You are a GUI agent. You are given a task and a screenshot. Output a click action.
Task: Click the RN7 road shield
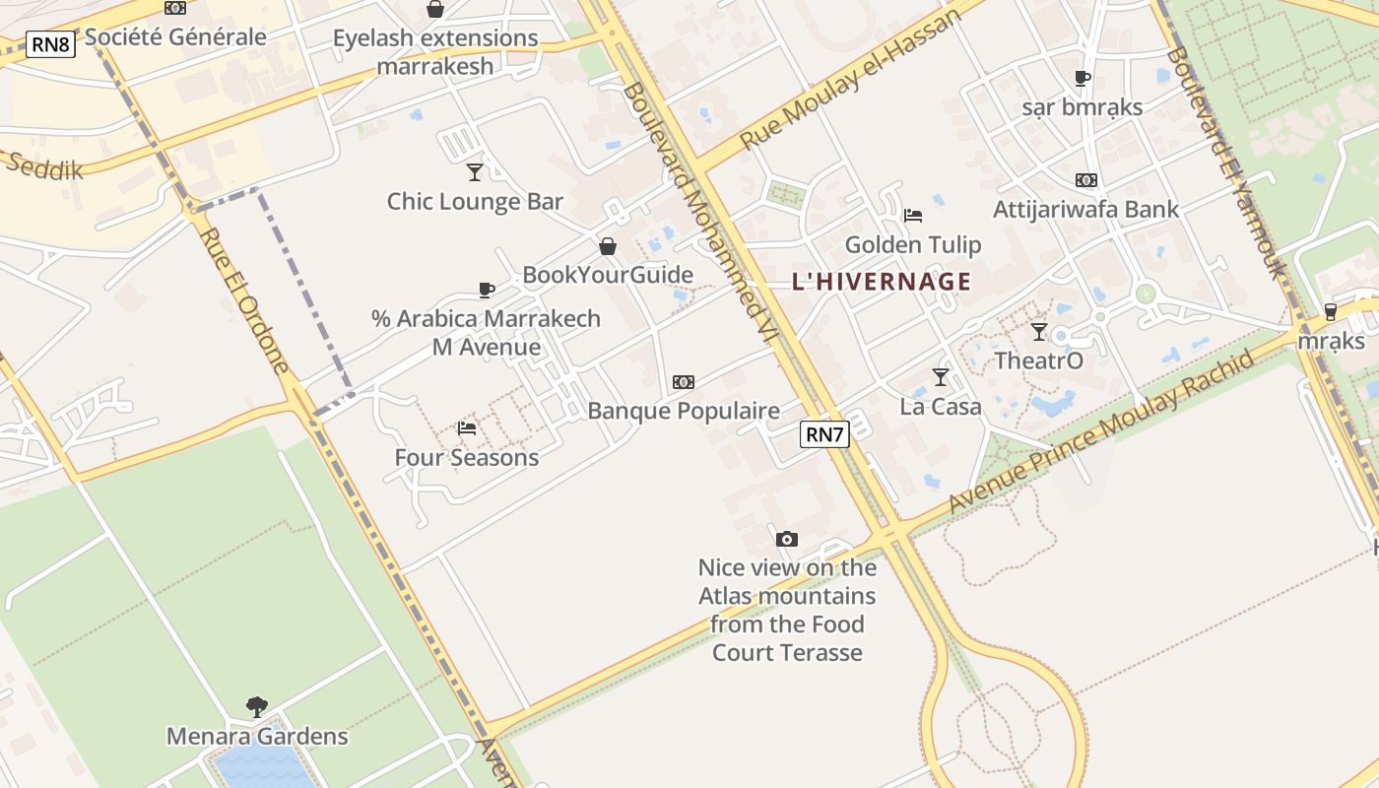(x=824, y=434)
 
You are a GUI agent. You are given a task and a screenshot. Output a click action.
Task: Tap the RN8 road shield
(x=50, y=43)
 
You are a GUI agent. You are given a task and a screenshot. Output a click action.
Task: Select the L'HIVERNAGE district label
(x=882, y=282)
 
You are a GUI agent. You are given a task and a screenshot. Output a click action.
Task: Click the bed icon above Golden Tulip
(x=913, y=216)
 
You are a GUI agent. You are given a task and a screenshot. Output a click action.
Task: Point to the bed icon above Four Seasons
(x=467, y=428)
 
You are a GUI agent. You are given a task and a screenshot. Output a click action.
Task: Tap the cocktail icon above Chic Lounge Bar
(x=475, y=172)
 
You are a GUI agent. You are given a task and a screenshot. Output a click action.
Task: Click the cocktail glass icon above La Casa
(x=941, y=376)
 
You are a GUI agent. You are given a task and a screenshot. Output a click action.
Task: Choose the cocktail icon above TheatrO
(x=1039, y=331)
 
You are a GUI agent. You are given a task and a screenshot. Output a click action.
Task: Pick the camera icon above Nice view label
(x=786, y=539)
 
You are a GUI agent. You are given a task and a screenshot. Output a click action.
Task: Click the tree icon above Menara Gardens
(x=257, y=706)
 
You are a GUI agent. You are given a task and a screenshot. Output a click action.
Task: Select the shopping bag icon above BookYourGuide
(x=608, y=246)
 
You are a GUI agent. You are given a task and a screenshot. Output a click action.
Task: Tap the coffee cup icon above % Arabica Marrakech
(x=486, y=290)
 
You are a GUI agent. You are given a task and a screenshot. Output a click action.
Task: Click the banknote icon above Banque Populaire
(x=684, y=381)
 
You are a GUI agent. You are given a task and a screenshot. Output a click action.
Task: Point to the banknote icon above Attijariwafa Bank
(x=1086, y=180)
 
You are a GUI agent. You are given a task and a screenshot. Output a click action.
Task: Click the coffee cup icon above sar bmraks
(x=1083, y=78)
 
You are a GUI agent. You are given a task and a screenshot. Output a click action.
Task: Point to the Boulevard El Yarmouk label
(x=1225, y=163)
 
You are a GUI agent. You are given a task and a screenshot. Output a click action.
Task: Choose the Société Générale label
(x=175, y=37)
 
